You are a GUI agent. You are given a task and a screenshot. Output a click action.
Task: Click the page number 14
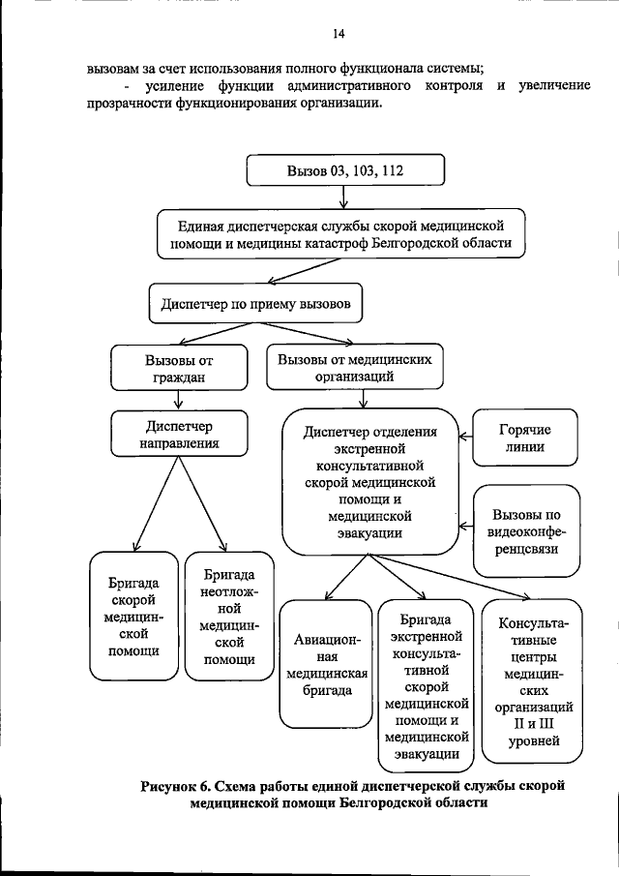pyautogui.click(x=339, y=34)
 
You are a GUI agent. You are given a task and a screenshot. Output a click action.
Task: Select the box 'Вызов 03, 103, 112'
pyautogui.click(x=345, y=169)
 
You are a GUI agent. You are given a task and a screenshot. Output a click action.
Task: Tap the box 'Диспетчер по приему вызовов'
pyautogui.click(x=255, y=303)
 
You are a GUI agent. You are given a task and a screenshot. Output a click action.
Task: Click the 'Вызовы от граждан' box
pyautogui.click(x=179, y=368)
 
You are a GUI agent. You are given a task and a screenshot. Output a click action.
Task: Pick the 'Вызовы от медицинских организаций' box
pyautogui.click(x=355, y=367)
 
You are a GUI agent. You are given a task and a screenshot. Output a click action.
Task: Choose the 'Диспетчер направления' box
pyautogui.click(x=179, y=434)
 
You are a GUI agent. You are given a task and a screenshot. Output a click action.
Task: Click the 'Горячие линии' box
pyautogui.click(x=524, y=438)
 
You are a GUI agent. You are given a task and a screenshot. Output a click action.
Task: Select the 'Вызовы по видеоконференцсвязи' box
pyautogui.click(x=526, y=530)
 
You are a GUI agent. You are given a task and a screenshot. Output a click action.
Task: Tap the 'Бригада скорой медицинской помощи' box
pyautogui.click(x=134, y=617)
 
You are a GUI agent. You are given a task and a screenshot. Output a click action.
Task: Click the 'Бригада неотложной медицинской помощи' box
pyautogui.click(x=229, y=617)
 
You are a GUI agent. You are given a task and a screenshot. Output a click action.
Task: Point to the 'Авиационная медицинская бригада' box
pyautogui.click(x=326, y=664)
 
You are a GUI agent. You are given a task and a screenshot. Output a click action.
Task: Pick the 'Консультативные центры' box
pyautogui.click(x=532, y=681)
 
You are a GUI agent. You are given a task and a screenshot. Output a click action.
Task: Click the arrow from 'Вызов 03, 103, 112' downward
pyautogui.click(x=343, y=197)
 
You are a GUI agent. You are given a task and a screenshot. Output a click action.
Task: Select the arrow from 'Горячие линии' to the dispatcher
pyautogui.click(x=465, y=437)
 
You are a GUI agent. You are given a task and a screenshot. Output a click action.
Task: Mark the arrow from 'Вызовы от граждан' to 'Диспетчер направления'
pyautogui.click(x=179, y=401)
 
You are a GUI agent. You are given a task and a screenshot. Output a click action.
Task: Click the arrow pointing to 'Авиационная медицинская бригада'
pyautogui.click(x=346, y=577)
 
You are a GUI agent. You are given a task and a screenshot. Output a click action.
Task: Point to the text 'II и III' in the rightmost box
pyautogui.click(x=533, y=723)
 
